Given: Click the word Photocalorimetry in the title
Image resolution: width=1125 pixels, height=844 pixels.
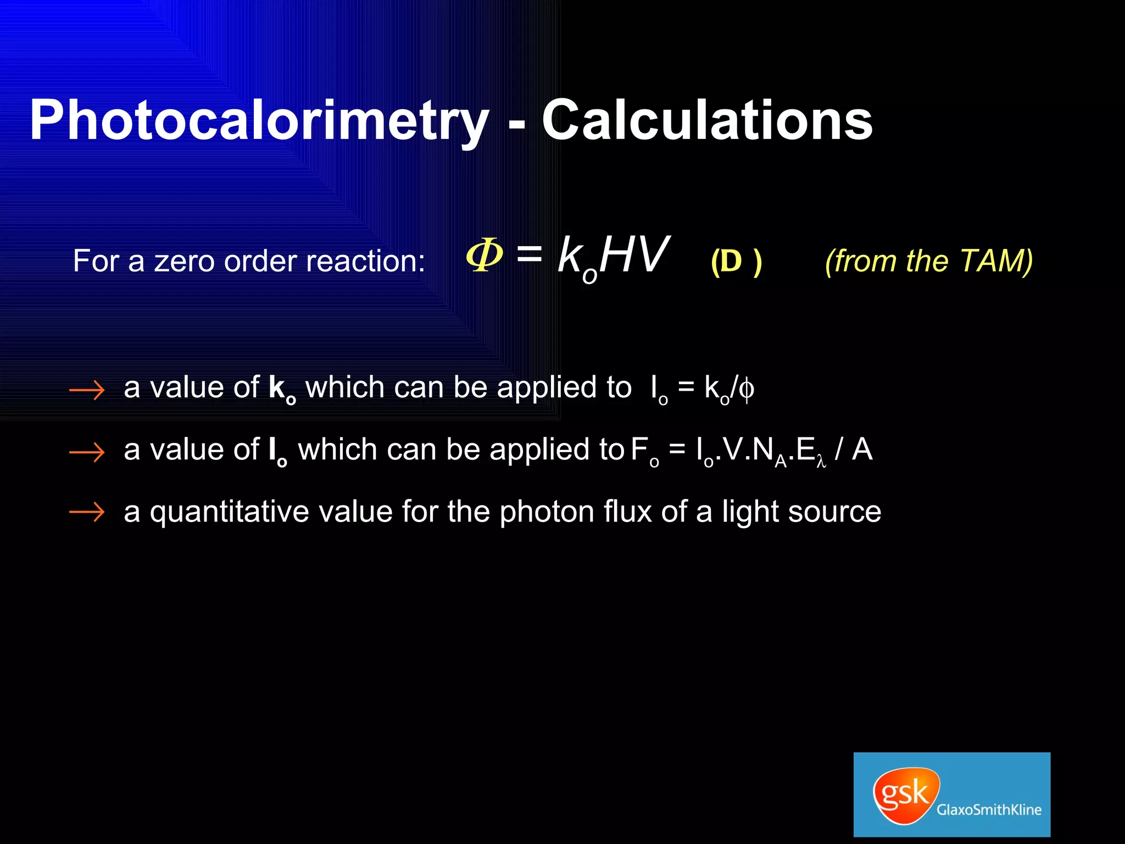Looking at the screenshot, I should click(259, 121).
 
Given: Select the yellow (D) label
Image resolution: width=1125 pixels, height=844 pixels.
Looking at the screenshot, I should click(736, 261).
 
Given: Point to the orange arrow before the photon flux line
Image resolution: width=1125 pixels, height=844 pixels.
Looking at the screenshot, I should click(87, 512).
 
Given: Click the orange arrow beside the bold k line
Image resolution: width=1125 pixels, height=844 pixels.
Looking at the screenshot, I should click(87, 390).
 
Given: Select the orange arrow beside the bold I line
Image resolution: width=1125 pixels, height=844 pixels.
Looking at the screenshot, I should click(87, 452).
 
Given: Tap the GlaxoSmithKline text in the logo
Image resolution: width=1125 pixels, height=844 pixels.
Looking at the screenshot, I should click(989, 809).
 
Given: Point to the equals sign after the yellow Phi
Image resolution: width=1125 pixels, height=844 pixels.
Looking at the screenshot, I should click(529, 254).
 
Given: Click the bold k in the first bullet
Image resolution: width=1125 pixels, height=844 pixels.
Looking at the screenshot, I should click(276, 387).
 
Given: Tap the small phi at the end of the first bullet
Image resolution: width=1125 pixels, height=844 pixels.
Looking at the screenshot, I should click(746, 390).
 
